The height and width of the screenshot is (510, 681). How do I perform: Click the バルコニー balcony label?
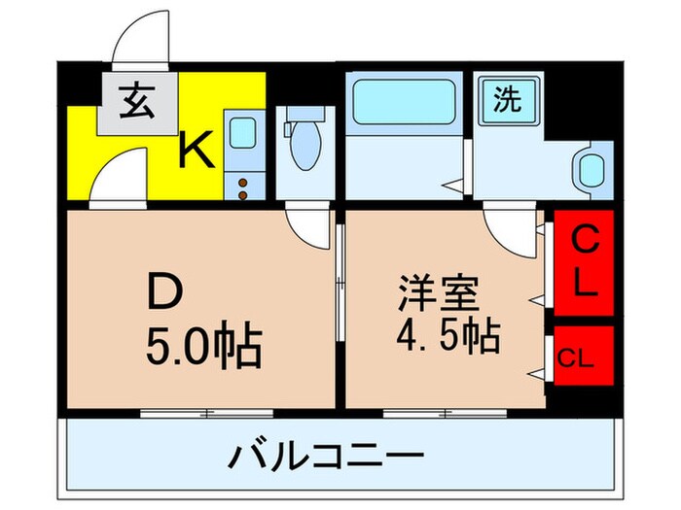pyautogui.click(x=328, y=455)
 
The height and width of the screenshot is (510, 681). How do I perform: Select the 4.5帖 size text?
pyautogui.click(x=448, y=337)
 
